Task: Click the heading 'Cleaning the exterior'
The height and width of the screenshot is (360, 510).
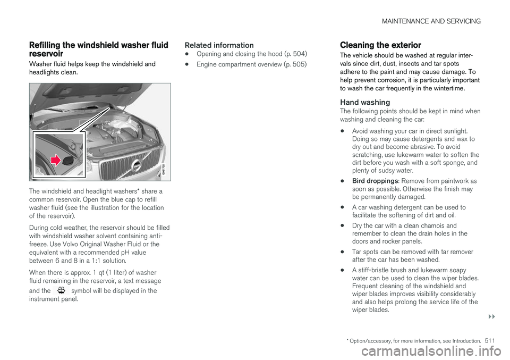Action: (x=380, y=45)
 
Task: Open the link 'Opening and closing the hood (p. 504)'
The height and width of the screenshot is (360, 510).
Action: (x=252, y=54)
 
